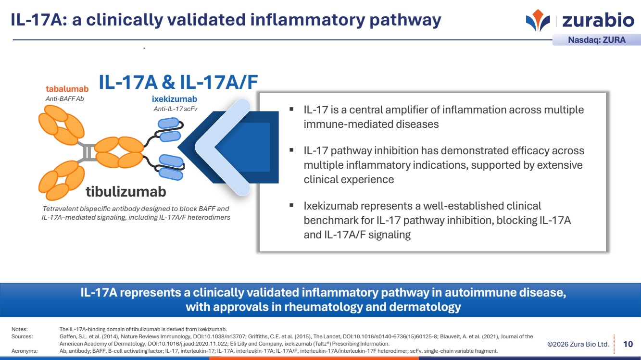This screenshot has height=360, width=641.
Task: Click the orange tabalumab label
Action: [x=67, y=89]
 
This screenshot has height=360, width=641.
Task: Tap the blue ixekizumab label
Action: [x=174, y=99]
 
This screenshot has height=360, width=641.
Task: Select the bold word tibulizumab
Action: [x=126, y=192]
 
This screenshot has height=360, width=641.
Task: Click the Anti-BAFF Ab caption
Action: [x=64, y=99]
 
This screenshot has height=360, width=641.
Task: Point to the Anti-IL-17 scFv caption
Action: [x=176, y=109]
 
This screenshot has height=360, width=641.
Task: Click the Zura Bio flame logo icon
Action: [x=538, y=20]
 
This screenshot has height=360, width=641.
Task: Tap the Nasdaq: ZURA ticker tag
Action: [x=597, y=40]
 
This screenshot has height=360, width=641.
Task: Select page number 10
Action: [x=628, y=344]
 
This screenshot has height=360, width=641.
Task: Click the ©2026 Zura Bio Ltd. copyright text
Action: [x=578, y=344]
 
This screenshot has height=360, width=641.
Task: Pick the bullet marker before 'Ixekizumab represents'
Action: [x=291, y=205]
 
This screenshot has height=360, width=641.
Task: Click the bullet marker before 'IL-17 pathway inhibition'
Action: [x=291, y=150]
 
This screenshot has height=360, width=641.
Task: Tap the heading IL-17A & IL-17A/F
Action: [x=178, y=82]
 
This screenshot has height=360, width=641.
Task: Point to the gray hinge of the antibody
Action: [x=88, y=152]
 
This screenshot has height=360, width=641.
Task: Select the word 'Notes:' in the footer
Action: [x=19, y=329]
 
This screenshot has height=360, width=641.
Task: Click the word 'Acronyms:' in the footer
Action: [x=25, y=351]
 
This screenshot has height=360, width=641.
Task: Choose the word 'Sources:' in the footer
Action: [x=22, y=336]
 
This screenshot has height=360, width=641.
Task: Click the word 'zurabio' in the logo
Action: [x=598, y=20]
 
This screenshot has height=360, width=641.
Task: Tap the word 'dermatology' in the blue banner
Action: [x=425, y=307]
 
